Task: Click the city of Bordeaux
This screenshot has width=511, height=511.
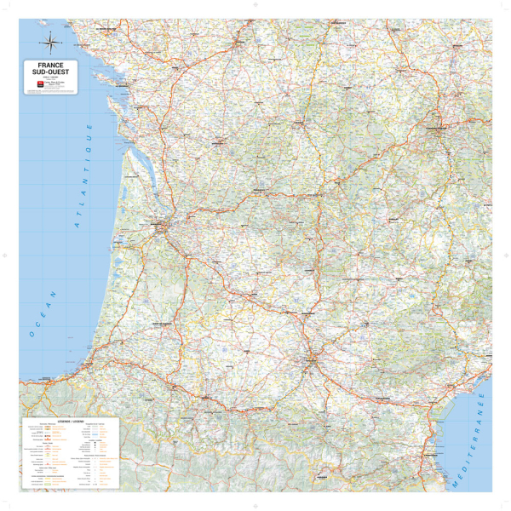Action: pyautogui.click(x=160, y=227)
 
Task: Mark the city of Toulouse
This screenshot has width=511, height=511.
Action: pyautogui.click(x=312, y=359)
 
